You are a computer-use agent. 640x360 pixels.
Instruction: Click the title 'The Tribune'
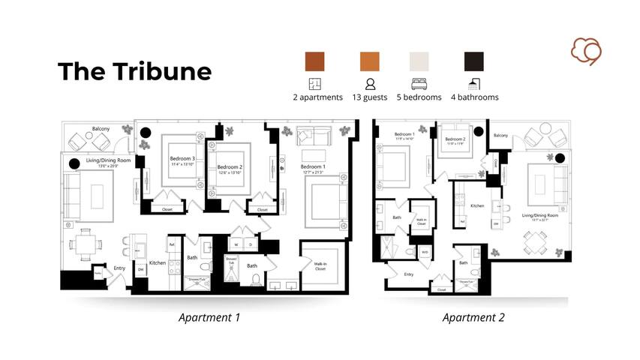135,71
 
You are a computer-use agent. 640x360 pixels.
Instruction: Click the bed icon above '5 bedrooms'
419,84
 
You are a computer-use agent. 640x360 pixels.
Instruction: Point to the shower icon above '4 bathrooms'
474,84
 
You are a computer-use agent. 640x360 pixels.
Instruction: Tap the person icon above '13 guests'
370,84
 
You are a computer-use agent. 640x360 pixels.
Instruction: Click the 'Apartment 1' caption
209,317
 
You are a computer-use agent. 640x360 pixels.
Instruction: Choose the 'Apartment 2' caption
473,317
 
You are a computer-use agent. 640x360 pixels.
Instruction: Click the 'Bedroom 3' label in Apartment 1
182,158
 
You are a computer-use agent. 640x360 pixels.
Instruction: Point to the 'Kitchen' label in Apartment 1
158,262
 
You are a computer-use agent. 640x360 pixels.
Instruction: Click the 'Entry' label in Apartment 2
409,274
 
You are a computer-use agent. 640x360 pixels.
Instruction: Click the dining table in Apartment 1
83,242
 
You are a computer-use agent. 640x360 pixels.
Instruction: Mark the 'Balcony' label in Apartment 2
501,136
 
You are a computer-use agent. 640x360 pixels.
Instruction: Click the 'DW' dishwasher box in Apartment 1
140,270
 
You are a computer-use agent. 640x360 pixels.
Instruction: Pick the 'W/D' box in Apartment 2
425,251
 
